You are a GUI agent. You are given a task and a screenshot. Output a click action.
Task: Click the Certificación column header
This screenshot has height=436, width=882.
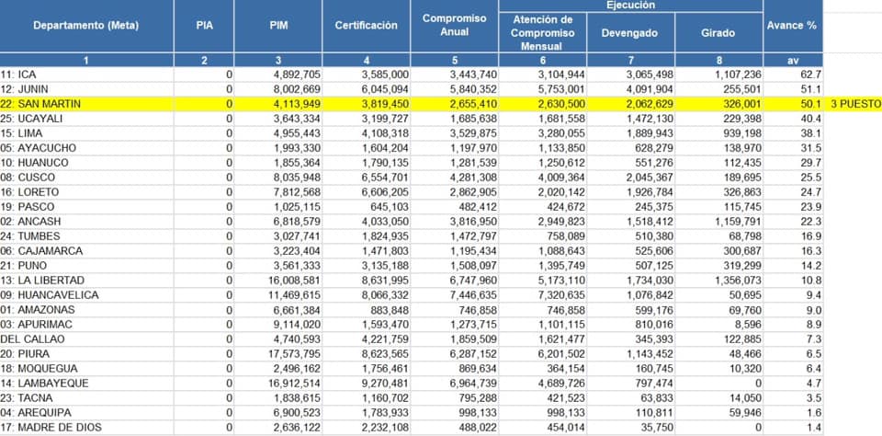click(367, 26)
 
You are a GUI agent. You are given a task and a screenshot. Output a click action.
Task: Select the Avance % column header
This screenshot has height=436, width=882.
click(793, 26)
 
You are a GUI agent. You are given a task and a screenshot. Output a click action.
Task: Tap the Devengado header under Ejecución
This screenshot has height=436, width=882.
click(629, 33)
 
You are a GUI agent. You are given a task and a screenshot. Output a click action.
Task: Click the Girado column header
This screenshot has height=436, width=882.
click(718, 33)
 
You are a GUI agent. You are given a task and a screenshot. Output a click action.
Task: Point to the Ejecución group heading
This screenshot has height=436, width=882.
click(630, 6)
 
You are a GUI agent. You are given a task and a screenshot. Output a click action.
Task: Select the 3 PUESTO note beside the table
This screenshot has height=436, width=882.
click(855, 104)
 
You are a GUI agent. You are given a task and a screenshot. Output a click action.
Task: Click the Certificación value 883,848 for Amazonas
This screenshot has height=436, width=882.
click(390, 310)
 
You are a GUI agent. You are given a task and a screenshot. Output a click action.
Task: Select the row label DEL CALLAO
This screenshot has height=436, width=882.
click(33, 339)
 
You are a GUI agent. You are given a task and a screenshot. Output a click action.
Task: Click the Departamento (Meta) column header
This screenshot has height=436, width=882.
click(86, 26)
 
